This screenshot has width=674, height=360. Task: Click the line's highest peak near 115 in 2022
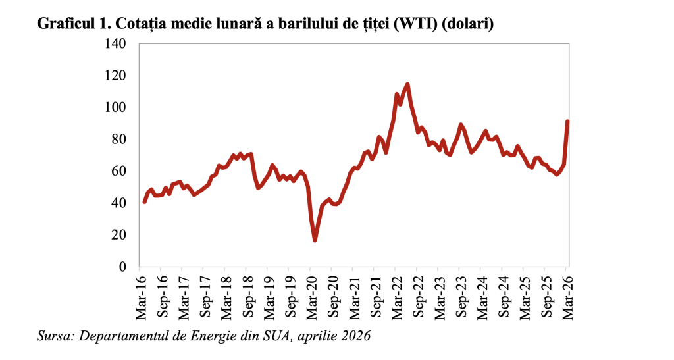[x=408, y=84]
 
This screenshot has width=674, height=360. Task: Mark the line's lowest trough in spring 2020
[x=315, y=240]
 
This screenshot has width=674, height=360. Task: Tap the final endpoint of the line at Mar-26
[x=567, y=121]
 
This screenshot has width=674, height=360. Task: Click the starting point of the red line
[x=144, y=201]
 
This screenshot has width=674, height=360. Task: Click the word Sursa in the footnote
[x=55, y=336]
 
